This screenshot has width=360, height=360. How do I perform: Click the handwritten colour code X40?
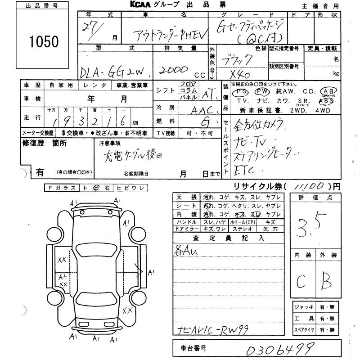tap(241, 74)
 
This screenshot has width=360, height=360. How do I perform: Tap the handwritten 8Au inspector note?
tap(185, 250)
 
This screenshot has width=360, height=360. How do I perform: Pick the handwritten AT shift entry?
tap(207, 95)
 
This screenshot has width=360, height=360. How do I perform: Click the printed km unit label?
tap(135, 122)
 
